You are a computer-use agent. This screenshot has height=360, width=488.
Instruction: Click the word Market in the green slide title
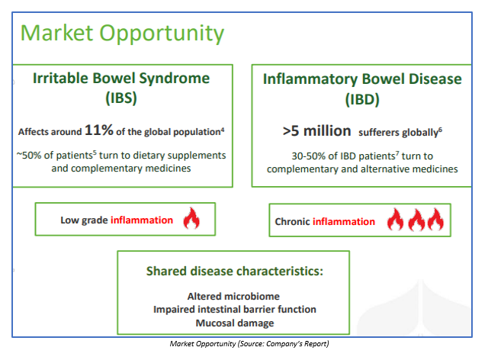[x=57, y=33]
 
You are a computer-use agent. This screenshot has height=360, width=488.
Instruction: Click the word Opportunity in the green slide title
[x=162, y=34]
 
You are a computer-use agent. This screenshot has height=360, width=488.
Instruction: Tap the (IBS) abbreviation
[x=121, y=98]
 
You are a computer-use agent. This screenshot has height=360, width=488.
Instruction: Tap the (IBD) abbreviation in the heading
[x=362, y=100]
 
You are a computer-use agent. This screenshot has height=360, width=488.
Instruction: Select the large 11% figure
[x=99, y=130]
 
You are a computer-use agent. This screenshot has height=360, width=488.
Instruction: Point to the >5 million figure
[x=317, y=131]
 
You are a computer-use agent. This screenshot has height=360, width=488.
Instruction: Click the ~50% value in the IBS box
[x=29, y=155]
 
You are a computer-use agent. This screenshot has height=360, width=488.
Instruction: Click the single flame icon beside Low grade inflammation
[x=191, y=218]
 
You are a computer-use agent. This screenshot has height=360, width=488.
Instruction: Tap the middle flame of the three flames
[x=416, y=220]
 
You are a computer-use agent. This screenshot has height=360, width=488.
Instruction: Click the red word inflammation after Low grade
[x=142, y=220]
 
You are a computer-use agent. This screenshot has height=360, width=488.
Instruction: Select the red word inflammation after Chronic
[x=344, y=221]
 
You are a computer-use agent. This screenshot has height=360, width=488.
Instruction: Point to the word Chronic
[x=292, y=221]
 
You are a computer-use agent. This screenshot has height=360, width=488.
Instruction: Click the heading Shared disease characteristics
[x=235, y=272]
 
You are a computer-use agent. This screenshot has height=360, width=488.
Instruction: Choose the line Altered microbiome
[x=233, y=296]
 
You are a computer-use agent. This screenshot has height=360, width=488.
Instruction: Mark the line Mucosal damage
[x=235, y=323]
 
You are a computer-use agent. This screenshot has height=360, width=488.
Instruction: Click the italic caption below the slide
[x=249, y=344]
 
